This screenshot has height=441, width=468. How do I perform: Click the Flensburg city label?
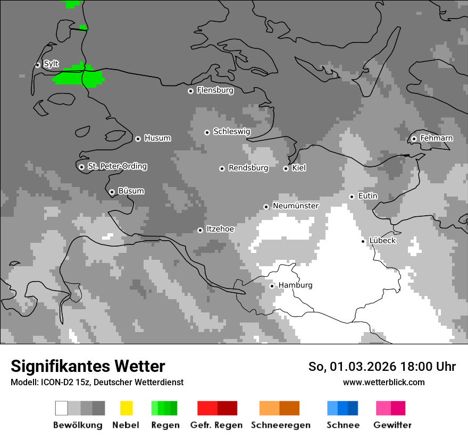215,90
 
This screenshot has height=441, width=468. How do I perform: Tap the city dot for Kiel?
286,168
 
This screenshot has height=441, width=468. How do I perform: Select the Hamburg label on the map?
295,285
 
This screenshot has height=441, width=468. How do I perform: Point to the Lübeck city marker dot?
363,241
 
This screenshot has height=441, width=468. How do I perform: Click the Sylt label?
51,64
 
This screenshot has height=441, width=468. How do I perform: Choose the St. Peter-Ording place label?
117,166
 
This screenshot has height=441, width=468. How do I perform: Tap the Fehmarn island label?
436,138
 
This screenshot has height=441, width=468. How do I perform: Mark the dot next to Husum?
138,139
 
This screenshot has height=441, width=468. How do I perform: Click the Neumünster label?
295,206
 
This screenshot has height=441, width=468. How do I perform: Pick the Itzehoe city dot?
200,230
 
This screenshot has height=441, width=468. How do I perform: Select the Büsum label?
131,191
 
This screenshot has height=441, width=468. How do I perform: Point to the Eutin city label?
367,196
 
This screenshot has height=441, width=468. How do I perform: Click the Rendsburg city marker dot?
222,168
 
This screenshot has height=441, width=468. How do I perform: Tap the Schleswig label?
231,131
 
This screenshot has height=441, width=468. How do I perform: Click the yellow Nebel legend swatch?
126,408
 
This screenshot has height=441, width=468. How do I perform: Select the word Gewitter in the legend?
392,425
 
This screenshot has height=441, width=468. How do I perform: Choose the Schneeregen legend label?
280,425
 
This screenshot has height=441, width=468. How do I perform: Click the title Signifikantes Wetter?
88,366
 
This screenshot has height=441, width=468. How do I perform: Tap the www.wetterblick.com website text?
383,382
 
